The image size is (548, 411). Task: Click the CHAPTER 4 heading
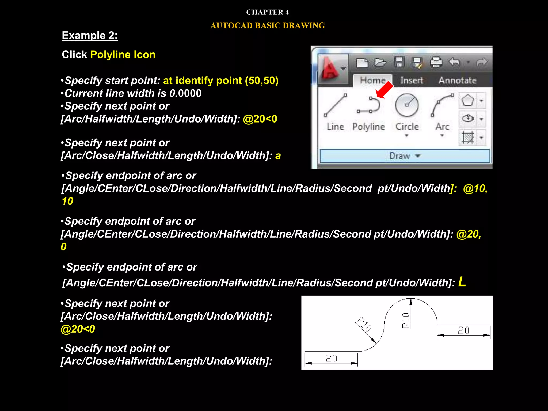(x=267, y=12)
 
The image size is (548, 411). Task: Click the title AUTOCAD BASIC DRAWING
(x=267, y=26)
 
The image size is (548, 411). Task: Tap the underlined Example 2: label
(x=90, y=36)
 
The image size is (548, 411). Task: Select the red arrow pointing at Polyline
(x=384, y=90)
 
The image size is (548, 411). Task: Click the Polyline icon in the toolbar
(x=368, y=105)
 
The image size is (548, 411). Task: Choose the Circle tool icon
(x=407, y=105)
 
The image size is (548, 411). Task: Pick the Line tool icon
(x=335, y=105)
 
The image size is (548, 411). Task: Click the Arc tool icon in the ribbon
(x=442, y=105)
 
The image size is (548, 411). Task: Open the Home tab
(x=372, y=80)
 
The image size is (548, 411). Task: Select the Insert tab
(x=412, y=80)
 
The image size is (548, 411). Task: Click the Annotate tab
(x=457, y=80)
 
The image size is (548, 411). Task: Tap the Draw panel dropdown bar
(x=405, y=156)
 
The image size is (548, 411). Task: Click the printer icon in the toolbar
(x=436, y=63)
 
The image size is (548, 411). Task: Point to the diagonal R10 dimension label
(x=364, y=324)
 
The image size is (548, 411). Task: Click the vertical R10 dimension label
(x=406, y=320)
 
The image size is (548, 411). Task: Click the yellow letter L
(x=462, y=282)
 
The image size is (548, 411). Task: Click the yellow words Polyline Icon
(x=123, y=55)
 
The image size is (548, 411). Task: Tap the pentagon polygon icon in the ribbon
(x=467, y=101)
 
